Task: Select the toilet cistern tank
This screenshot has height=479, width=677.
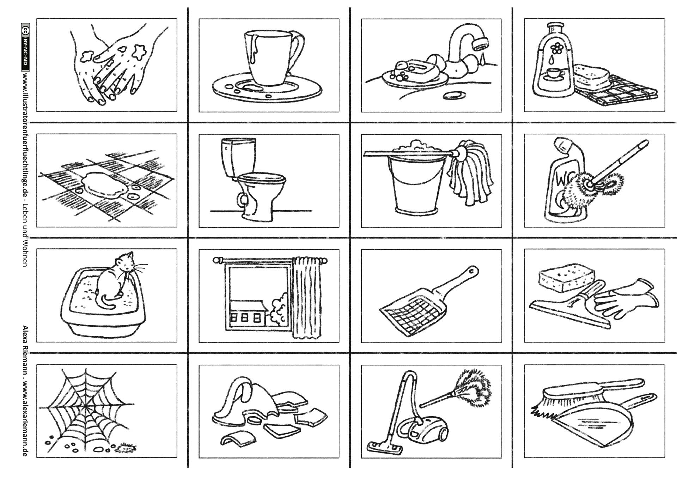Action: (237, 157)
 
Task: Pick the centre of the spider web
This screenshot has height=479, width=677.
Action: (86, 406)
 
